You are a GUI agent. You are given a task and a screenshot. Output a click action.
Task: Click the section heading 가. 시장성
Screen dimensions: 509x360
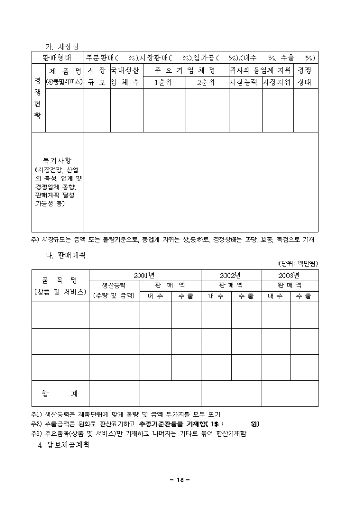click(x=62, y=47)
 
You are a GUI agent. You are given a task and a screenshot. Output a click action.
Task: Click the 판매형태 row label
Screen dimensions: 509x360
click(x=58, y=58)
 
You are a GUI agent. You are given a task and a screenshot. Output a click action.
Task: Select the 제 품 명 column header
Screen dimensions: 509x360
click(x=64, y=70)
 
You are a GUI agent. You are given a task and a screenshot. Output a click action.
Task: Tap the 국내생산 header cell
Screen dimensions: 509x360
click(x=126, y=70)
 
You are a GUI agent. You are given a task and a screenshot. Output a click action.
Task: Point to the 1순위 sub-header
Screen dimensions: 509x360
click(x=163, y=83)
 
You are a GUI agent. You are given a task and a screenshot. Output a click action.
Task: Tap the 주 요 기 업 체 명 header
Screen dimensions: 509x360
click(x=185, y=70)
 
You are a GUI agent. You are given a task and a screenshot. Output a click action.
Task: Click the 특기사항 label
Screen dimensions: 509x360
click(x=57, y=159)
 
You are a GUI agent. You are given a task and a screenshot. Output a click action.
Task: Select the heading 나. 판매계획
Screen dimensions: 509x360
click(x=66, y=254)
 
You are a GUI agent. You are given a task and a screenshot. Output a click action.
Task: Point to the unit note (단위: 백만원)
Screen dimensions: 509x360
click(x=298, y=263)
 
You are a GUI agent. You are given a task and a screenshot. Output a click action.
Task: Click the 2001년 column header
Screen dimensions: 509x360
click(x=144, y=275)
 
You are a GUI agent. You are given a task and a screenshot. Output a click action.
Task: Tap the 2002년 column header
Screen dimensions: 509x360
click(x=230, y=275)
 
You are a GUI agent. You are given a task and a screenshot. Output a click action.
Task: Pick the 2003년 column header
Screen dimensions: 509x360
click(x=289, y=275)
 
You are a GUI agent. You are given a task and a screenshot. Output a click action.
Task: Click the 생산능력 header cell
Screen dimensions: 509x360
click(x=114, y=285)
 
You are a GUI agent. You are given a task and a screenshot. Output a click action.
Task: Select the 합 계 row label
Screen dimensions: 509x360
click(x=59, y=394)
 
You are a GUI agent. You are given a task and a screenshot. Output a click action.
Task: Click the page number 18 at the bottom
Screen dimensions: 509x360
click(x=180, y=480)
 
